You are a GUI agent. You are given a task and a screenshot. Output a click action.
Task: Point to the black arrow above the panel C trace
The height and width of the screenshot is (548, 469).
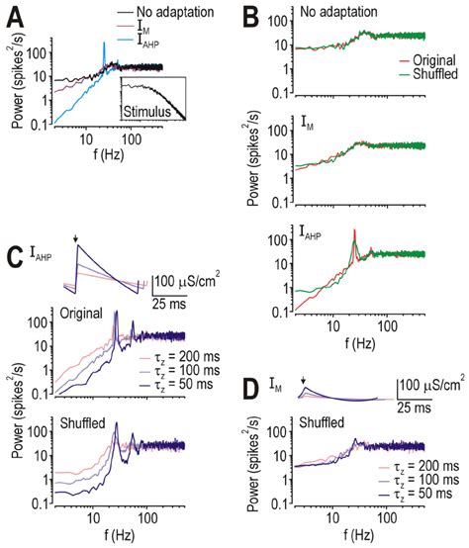(75, 241)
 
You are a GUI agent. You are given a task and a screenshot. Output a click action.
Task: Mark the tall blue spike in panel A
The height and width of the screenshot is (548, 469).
(102, 47)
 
